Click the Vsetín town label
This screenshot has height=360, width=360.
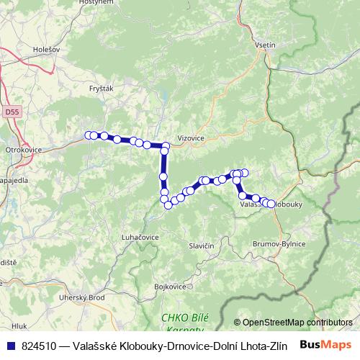265,45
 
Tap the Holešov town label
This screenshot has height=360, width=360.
47,50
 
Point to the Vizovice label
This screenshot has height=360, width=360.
191,136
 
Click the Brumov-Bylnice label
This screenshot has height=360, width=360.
279,244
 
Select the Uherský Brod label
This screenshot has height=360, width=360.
82,297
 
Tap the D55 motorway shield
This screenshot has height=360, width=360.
11,112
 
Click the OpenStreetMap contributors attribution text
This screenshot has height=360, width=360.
297,323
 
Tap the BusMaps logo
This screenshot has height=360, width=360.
325,345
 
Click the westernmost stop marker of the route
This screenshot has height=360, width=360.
89,135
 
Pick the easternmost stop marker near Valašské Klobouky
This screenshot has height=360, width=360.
271,204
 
